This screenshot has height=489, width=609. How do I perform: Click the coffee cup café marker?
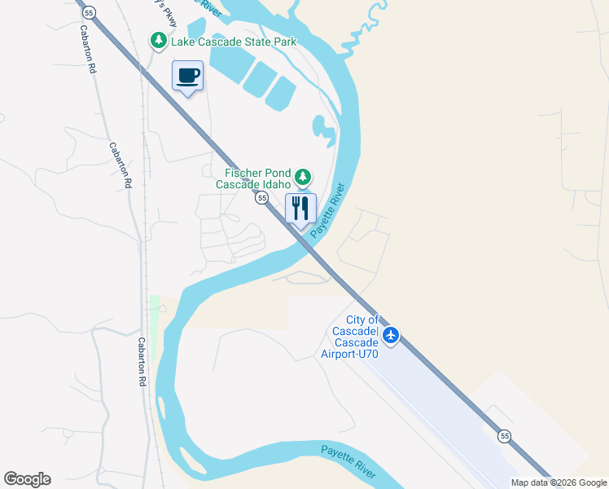point(187,77)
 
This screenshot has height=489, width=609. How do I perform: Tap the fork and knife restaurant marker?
point(300,209)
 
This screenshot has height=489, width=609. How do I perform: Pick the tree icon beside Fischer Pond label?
point(303,177)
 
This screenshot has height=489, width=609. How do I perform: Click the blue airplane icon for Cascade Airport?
point(391,335)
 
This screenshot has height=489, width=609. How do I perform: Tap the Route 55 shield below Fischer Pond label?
point(261,198)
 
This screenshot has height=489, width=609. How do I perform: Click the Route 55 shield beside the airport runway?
point(505,436)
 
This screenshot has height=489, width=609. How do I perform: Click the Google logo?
point(27,479)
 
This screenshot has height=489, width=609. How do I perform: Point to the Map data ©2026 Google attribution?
point(559,482)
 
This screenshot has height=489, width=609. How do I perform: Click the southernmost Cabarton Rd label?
point(142,361)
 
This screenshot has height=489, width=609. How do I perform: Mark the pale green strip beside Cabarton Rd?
point(155,326)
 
